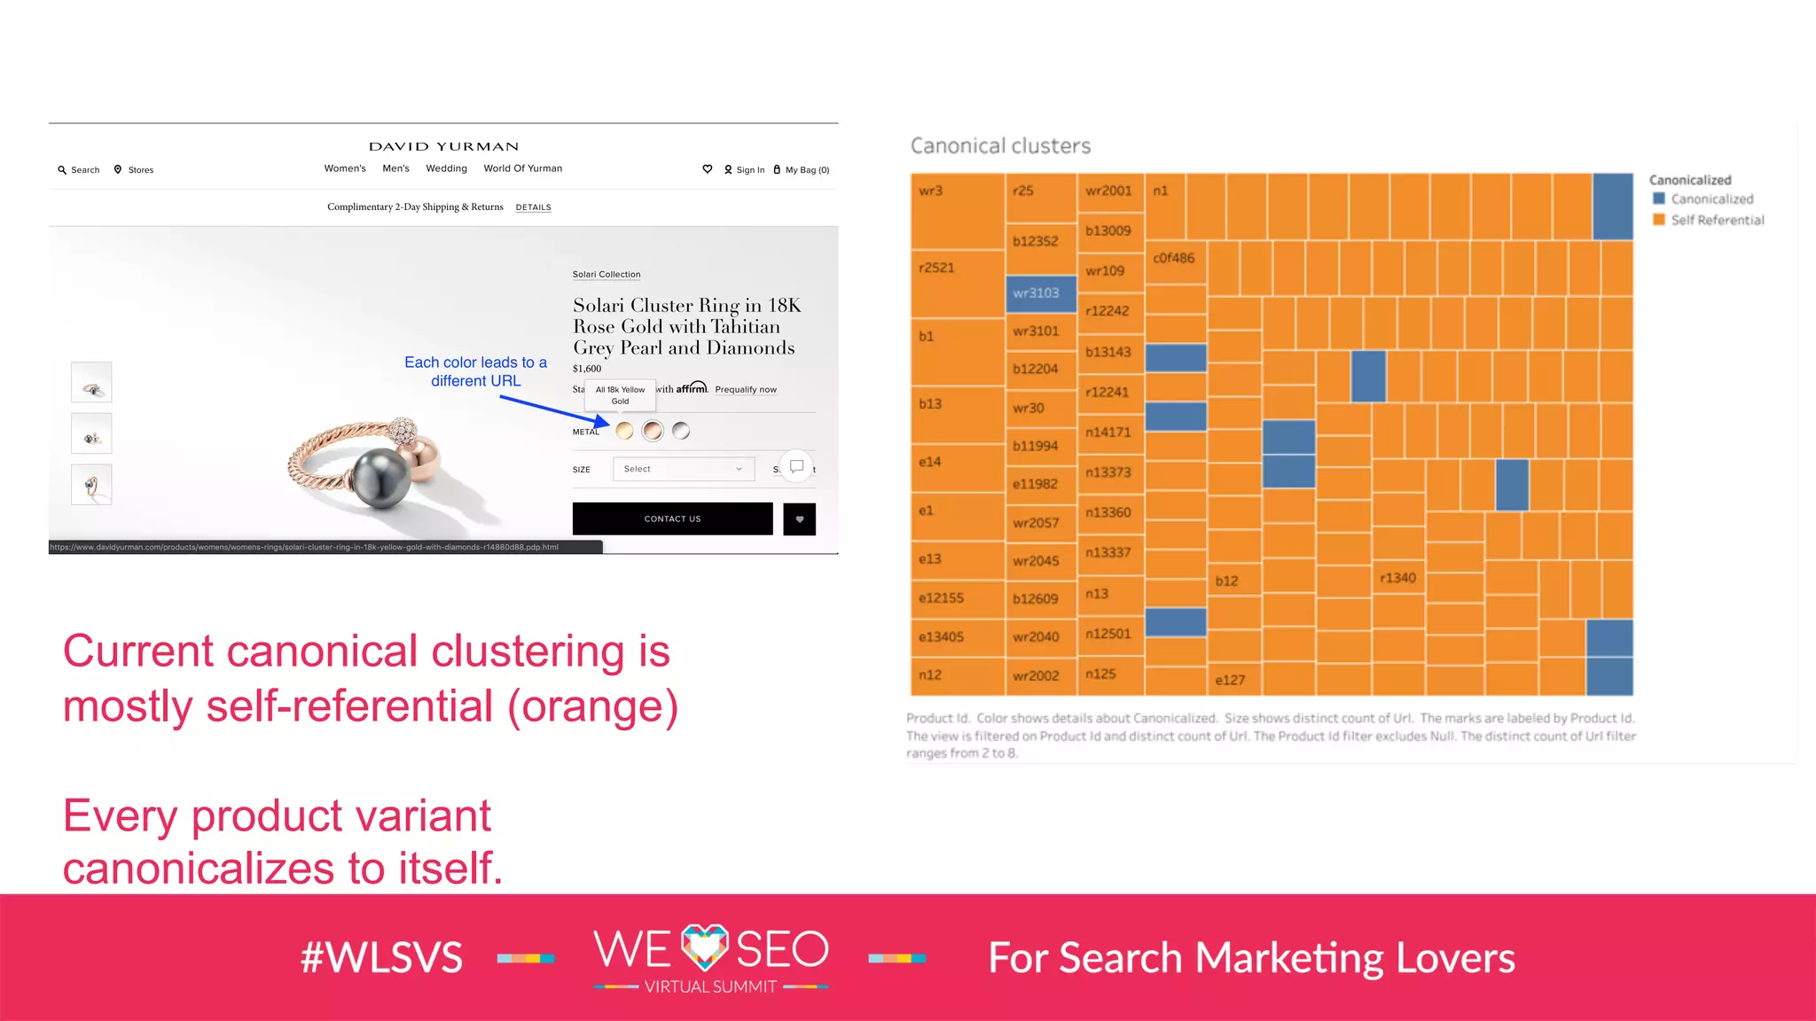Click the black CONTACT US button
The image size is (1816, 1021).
click(672, 518)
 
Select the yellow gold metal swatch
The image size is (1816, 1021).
click(624, 431)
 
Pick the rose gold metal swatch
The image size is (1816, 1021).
click(653, 431)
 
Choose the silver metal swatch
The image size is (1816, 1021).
click(681, 431)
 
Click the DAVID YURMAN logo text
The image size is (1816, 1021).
click(443, 146)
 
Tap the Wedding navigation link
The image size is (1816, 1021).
click(446, 168)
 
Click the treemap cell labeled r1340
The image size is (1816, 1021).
click(1398, 579)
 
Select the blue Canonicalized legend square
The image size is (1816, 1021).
click(1659, 199)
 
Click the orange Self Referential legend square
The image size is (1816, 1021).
click(1659, 219)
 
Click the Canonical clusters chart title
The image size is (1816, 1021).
click(1000, 145)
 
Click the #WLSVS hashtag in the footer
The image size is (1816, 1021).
click(381, 958)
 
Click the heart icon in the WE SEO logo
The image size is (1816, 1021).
click(705, 947)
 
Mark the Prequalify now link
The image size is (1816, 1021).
click(746, 390)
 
